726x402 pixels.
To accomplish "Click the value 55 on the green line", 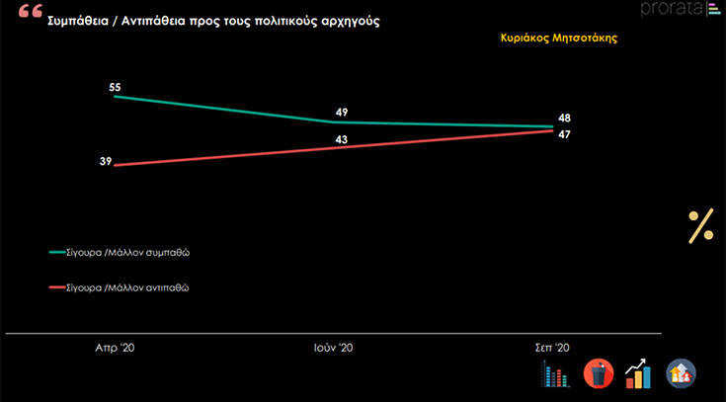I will tap(115, 87).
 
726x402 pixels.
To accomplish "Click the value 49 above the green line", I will tap(342, 112).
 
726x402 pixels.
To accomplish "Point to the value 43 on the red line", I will tap(342, 139).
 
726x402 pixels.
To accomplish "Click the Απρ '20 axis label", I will tap(116, 348).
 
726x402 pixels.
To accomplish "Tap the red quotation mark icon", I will tap(30, 13).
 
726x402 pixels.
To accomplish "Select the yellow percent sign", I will tap(700, 226).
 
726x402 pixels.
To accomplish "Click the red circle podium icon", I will tap(599, 373).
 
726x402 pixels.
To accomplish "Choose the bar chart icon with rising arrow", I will tap(639, 373).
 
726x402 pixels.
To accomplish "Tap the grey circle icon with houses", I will tap(682, 373).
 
